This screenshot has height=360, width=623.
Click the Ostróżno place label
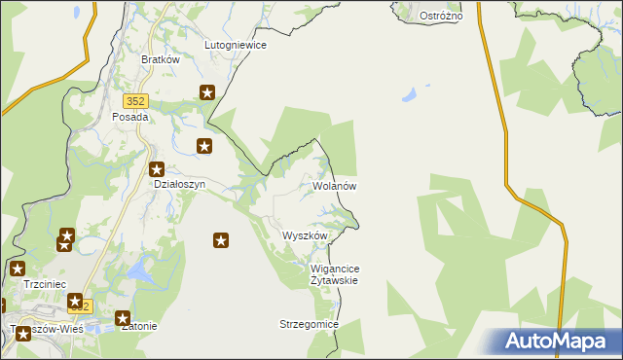tap(441, 17)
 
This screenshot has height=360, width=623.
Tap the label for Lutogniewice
tap(235, 45)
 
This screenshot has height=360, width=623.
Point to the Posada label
tap(130, 117)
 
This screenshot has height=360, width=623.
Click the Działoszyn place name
tap(177, 182)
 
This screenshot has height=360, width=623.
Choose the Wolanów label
tap(336, 186)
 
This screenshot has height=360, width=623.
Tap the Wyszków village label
tap(305, 235)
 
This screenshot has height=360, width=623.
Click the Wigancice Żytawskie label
tap(334, 273)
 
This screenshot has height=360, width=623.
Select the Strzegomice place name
tap(308, 324)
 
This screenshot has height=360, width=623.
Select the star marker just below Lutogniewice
tap(207, 93)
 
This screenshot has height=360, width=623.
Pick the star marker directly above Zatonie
tap(123, 317)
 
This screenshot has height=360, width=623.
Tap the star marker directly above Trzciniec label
tap(18, 269)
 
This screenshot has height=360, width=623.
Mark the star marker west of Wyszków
tap(221, 239)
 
